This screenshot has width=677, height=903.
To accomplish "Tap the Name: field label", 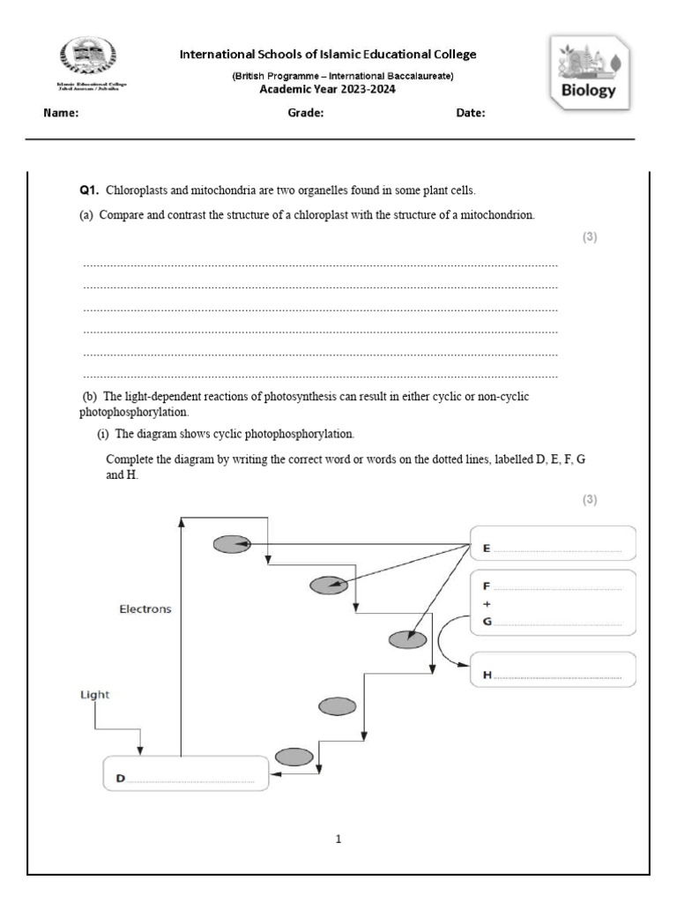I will coord(61,114).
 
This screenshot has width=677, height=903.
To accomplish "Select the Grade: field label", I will coord(306,114).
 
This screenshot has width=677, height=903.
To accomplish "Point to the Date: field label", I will coord(470,114).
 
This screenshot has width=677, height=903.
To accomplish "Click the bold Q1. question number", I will coord(89,190).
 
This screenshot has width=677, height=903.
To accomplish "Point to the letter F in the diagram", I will coord(487,586).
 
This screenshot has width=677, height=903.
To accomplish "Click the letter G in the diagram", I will coord(487,623).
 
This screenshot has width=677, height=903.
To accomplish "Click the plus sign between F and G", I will coord(487,604).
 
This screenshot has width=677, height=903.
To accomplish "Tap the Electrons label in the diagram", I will coord(145,608).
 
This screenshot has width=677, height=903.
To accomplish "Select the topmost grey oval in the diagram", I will coord(232,544).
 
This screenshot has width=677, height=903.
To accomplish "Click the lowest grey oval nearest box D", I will coord(294,757).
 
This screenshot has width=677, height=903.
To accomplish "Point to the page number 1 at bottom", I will coord(338,839).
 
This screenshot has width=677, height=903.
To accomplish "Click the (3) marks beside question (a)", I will coord(590,237).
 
